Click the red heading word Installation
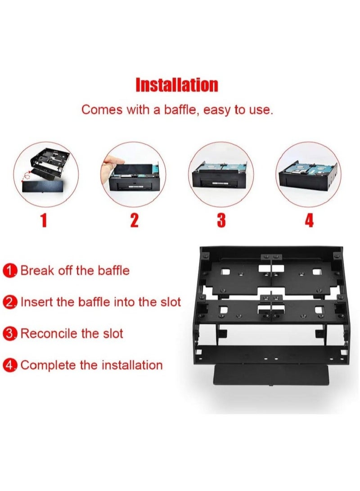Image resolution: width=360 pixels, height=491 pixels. point(177,85)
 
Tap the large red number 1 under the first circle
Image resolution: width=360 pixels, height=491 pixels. point(44,221)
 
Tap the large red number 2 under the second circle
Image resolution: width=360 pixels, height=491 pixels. point(134,221)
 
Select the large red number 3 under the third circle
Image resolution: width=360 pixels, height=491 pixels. point(221,221)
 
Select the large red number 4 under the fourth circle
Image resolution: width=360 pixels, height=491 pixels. point(309,221)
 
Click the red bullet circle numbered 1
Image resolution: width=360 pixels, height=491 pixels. point(9,271)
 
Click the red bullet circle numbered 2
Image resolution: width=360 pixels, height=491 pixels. point(9,302)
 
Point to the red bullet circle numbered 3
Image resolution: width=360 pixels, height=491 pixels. point(9,334)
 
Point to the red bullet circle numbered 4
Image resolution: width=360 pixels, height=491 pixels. point(9,365)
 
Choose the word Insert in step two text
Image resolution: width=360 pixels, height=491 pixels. point(37,302)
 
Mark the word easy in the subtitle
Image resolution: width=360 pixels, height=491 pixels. point(217,110)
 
